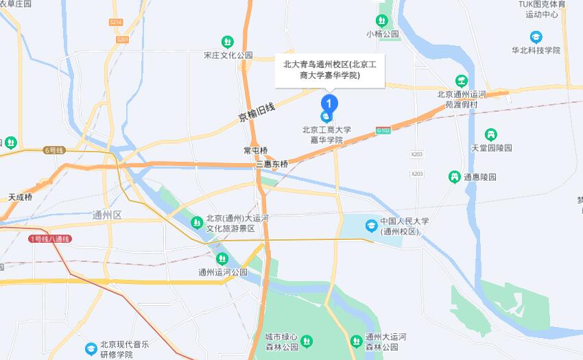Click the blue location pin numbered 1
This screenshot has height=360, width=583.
pyautogui.click(x=330, y=104)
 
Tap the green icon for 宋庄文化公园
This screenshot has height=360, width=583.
pyautogui.click(x=228, y=42)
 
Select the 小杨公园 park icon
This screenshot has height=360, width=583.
pyautogui.click(x=382, y=21)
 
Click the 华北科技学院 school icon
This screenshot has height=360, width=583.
pyautogui.click(x=536, y=37)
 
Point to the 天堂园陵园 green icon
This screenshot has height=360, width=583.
pyautogui.click(x=491, y=134)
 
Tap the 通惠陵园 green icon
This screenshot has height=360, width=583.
pyautogui.click(x=453, y=177)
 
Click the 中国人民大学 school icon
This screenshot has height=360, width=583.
pyautogui.click(x=371, y=225)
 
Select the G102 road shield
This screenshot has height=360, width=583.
pyautogui.click(x=383, y=130)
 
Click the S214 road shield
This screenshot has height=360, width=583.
pyautogui.click(x=115, y=22)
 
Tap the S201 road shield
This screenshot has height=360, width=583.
pyautogui.click(x=122, y=40)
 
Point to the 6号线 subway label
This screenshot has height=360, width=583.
pyautogui.click(x=53, y=149)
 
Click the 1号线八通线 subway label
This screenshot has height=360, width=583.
pyautogui.click(x=50, y=239)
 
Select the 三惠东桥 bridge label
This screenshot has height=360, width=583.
pyautogui.click(x=272, y=165)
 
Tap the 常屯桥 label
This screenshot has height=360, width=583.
pyautogui.click(x=255, y=150)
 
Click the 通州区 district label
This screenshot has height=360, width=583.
pyautogui.click(x=106, y=215)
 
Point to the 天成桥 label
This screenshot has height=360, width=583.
pyautogui.click(x=20, y=197)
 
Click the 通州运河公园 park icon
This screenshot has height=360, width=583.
pyautogui.click(x=222, y=259)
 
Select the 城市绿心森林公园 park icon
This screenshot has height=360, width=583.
pyautogui.click(x=307, y=340)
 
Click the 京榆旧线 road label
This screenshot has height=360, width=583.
pyautogui.click(x=257, y=112)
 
